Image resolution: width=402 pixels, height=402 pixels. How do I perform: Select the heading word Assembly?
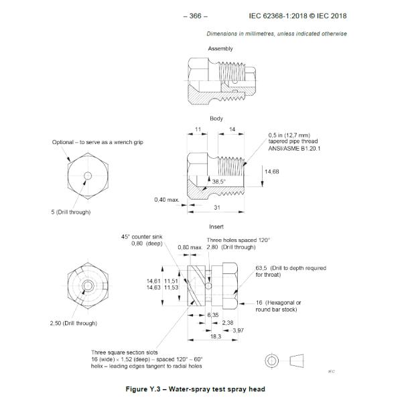[220, 49]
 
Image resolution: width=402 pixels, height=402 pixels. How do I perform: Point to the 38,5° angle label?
[219, 181]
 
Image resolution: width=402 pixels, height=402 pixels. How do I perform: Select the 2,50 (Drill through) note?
[75, 323]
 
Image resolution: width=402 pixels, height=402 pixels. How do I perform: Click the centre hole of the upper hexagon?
[87, 176]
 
